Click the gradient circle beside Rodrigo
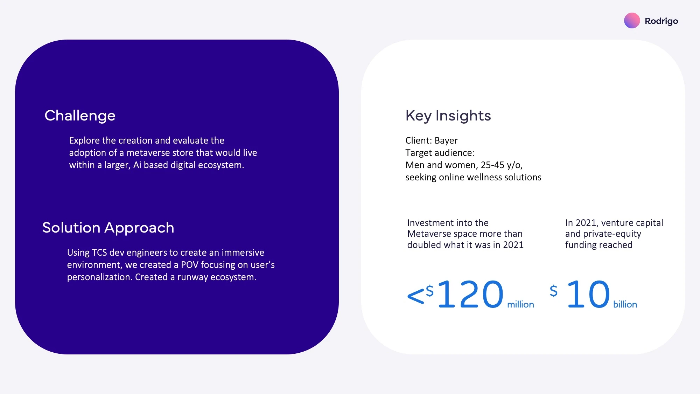(632, 21)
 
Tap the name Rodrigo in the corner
(661, 21)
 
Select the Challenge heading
(80, 116)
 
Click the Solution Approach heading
(108, 228)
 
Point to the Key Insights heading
(448, 116)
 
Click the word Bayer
(446, 141)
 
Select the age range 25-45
(492, 165)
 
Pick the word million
(520, 304)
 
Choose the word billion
(625, 304)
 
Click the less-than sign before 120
(416, 296)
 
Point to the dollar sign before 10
(554, 291)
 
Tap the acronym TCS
(99, 253)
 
